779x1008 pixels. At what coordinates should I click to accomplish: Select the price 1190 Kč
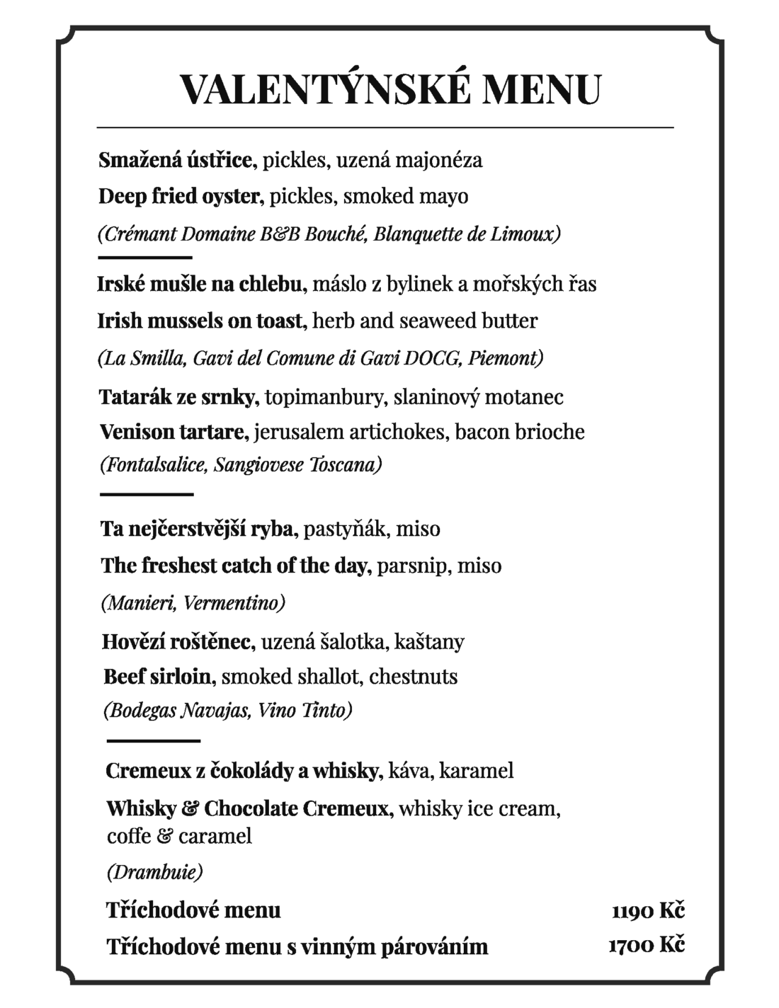tap(648, 910)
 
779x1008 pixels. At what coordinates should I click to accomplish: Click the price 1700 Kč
tap(647, 944)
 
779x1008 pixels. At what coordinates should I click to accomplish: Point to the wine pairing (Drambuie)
tap(155, 871)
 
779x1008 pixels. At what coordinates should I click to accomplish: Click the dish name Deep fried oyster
tap(181, 196)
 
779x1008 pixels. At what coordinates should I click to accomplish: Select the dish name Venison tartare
tap(174, 431)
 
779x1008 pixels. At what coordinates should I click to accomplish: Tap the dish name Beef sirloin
tap(158, 676)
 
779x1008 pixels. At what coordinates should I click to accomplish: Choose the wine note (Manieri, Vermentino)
tap(193, 603)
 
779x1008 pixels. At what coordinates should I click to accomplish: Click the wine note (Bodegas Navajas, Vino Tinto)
tap(228, 710)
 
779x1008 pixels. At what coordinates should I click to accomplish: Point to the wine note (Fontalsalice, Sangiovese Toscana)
tap(241, 465)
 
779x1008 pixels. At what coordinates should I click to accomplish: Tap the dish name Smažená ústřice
tap(177, 160)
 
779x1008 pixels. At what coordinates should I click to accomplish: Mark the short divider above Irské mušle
tap(146, 257)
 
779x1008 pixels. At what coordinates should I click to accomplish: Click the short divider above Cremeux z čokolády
tap(154, 740)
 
